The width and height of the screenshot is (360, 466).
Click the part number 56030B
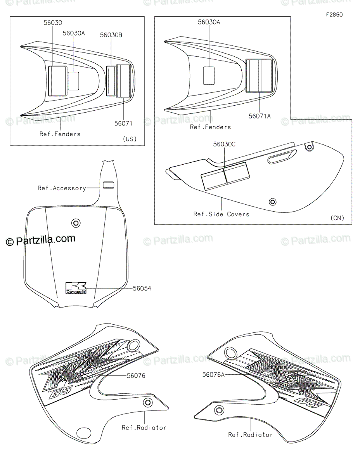point(111,35)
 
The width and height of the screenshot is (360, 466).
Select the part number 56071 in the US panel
point(123,123)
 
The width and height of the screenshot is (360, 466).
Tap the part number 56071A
point(260,116)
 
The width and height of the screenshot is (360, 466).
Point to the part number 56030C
point(224,144)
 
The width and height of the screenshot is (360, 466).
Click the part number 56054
point(142,289)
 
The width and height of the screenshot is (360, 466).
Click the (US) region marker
point(130,139)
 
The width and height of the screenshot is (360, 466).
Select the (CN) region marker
point(337,218)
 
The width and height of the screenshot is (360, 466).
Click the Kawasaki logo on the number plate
point(76,288)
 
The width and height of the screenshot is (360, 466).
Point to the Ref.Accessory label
point(62,188)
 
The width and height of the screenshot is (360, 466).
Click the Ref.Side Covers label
point(222,214)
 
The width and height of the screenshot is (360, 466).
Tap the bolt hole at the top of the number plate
point(75,223)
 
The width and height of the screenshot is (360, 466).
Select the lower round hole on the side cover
point(273,202)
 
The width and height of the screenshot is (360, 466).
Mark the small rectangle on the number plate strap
point(109,184)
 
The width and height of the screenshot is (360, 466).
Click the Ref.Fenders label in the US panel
point(60,134)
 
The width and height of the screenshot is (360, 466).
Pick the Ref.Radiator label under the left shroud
point(144,428)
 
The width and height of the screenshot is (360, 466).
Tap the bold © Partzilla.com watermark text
point(41,240)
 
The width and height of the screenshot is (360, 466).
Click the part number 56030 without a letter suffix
point(52,23)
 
